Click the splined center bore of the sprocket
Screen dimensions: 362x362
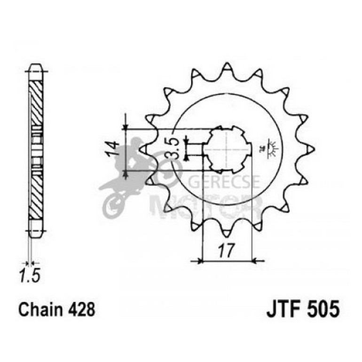(x=227, y=149)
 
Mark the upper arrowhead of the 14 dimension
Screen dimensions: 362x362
(x=126, y=126)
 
